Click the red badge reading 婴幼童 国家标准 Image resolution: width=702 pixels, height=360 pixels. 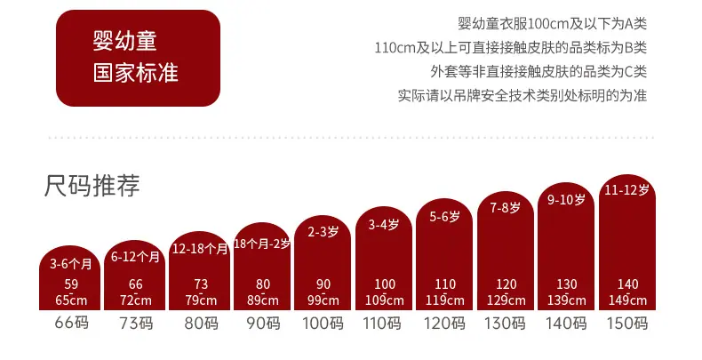(138, 58)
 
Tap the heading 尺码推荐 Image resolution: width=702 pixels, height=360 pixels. (92, 186)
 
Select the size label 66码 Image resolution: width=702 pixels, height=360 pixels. (72, 323)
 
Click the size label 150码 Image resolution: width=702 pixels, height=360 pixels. (627, 323)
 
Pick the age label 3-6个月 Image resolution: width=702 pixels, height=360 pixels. (70, 263)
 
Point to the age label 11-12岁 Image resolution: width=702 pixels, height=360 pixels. (626, 190)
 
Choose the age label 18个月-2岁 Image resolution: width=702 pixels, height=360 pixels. (262, 244)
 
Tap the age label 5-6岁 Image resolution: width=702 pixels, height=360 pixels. (444, 217)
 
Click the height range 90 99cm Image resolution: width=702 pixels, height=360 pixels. (323, 292)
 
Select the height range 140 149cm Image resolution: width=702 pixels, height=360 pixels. (627, 292)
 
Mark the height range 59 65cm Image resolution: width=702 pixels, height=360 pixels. (71, 292)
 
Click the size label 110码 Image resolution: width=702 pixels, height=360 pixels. (382, 323)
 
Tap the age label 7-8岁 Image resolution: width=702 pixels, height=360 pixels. (505, 207)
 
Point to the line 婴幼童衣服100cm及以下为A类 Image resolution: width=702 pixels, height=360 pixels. (552, 24)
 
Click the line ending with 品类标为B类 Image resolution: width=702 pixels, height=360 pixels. (510, 47)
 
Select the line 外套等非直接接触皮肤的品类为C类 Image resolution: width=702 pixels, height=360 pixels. (538, 71)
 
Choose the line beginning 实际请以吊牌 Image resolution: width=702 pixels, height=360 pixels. (523, 95)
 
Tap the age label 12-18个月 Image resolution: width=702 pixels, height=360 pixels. (200, 249)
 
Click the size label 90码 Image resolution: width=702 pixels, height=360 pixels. (263, 323)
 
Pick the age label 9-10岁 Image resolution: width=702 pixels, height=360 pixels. (566, 199)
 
